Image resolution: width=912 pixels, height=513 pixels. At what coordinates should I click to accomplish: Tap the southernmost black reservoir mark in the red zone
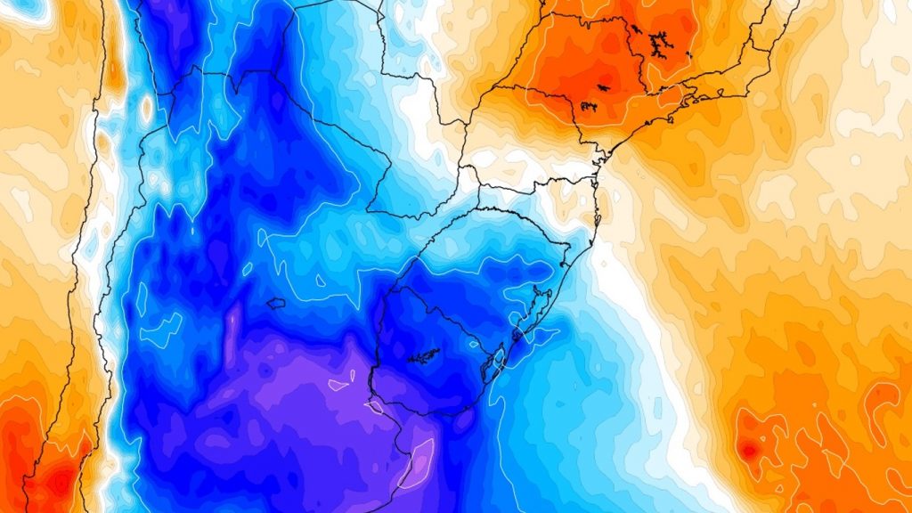click(589, 107)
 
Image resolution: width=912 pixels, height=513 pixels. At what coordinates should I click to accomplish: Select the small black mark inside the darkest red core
click(603, 88)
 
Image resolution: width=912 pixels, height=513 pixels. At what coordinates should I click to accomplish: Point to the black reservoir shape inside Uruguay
click(424, 357)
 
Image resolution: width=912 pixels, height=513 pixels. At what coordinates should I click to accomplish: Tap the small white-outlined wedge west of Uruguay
click(339, 385)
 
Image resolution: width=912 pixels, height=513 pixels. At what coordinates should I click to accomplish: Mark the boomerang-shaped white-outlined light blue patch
click(160, 330)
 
